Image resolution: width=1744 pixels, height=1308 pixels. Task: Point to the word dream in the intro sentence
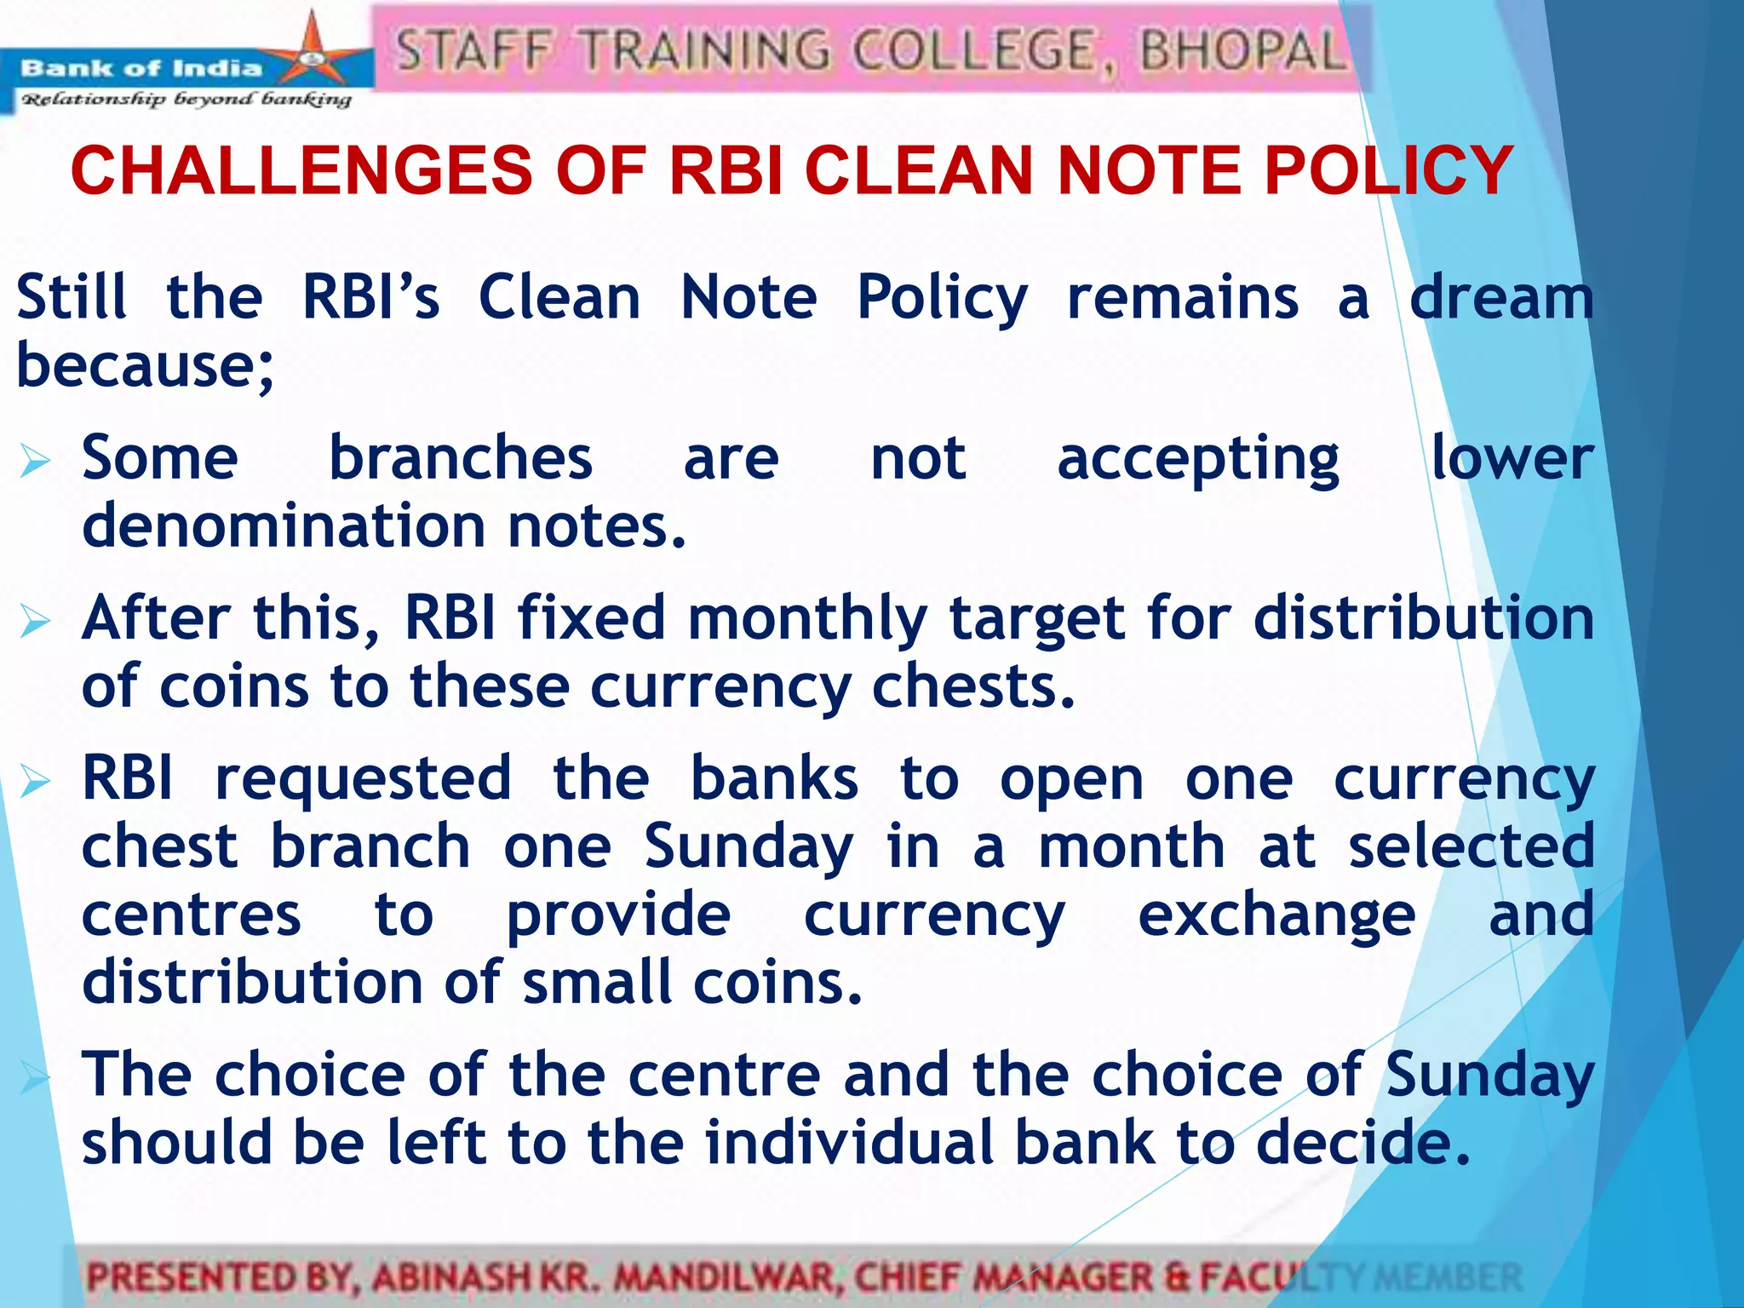(1501, 298)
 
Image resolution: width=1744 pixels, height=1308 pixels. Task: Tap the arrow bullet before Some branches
(36, 462)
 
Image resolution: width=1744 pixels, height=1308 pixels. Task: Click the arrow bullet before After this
(36, 622)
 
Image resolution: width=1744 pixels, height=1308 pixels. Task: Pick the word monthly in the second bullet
(807, 619)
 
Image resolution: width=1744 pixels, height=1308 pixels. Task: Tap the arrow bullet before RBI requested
(36, 782)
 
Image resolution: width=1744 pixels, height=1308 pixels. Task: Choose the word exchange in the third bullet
(1276, 915)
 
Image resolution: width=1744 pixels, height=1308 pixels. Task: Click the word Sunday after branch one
(749, 848)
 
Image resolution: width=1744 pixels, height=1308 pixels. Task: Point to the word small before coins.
(596, 983)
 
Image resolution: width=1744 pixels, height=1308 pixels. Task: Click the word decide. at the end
(1363, 1143)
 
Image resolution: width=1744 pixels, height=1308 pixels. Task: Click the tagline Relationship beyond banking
(186, 100)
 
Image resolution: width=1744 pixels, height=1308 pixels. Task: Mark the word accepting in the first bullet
(1198, 460)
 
